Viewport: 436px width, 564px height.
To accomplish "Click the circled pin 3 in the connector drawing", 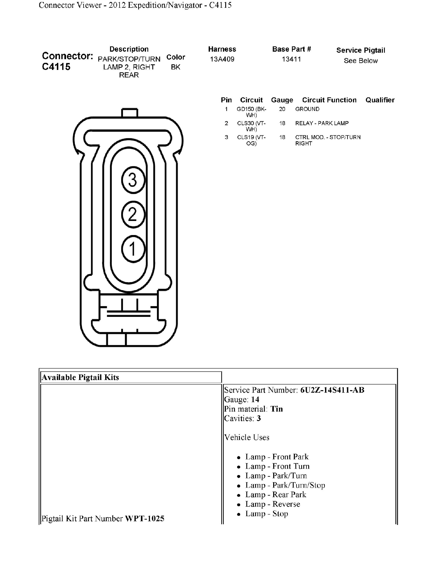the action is pyautogui.click(x=133, y=180).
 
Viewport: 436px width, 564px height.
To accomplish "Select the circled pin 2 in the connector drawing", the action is pyautogui.click(x=133, y=214).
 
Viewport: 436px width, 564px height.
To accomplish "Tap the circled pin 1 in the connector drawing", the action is pyautogui.click(x=133, y=249).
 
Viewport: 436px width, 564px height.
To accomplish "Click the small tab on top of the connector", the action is pyautogui.click(x=129, y=113).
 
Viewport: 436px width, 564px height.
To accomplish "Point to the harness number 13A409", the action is pyautogui.click(x=222, y=59).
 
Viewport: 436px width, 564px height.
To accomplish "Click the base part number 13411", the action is pyautogui.click(x=291, y=59).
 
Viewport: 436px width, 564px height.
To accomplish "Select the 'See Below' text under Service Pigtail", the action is pyautogui.click(x=360, y=61).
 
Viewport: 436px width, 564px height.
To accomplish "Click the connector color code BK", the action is pyautogui.click(x=176, y=67).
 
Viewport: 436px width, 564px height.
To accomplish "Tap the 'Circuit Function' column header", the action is pyautogui.click(x=329, y=100).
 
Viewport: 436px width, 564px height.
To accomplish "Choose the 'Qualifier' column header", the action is pyautogui.click(x=380, y=100).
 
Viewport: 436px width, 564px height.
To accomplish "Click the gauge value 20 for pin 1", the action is pyautogui.click(x=282, y=109).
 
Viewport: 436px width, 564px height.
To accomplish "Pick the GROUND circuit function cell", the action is pyautogui.click(x=307, y=109).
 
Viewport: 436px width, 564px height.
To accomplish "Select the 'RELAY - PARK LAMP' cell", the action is pyautogui.click(x=322, y=123).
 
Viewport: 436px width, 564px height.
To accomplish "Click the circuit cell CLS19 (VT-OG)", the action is pyautogui.click(x=251, y=140).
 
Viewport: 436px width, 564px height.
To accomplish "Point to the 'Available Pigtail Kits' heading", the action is pyautogui.click(x=80, y=377).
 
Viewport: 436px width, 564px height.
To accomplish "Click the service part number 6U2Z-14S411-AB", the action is pyautogui.click(x=332, y=390).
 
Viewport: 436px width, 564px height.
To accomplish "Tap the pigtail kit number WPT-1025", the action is pyautogui.click(x=145, y=518).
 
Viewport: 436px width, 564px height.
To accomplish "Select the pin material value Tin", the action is pyautogui.click(x=277, y=409).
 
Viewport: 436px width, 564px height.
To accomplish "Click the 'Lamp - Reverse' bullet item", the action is pyautogui.click(x=273, y=504).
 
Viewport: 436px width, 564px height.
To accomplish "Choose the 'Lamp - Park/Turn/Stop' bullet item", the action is pyautogui.click(x=285, y=485).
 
